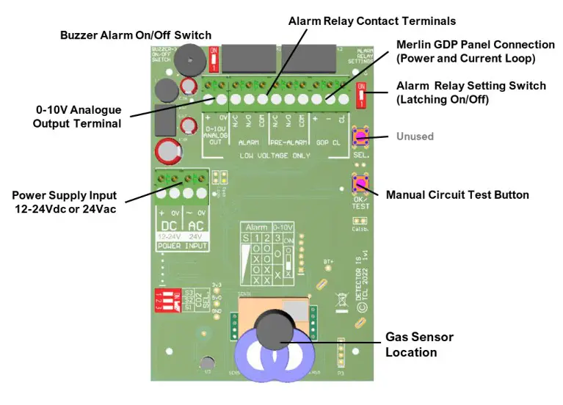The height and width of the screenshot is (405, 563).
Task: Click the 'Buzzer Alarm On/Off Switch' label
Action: (x=136, y=35)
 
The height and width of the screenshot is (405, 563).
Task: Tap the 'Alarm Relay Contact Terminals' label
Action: (x=372, y=21)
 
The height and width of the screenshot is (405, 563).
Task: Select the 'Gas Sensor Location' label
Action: (x=419, y=344)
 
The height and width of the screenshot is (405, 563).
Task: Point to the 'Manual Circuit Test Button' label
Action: (x=458, y=195)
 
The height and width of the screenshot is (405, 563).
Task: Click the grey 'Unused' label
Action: (x=415, y=136)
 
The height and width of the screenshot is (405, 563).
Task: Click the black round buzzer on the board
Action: (x=191, y=57)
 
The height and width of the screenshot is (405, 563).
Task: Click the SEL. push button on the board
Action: (x=360, y=137)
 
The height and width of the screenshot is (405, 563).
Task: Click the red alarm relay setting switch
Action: (x=360, y=96)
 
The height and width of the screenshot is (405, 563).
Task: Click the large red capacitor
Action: (x=168, y=150)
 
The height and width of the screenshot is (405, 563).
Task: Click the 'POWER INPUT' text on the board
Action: (x=183, y=246)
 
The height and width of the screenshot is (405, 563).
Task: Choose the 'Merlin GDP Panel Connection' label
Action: (x=475, y=51)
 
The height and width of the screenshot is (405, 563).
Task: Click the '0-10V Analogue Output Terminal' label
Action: (x=77, y=117)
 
